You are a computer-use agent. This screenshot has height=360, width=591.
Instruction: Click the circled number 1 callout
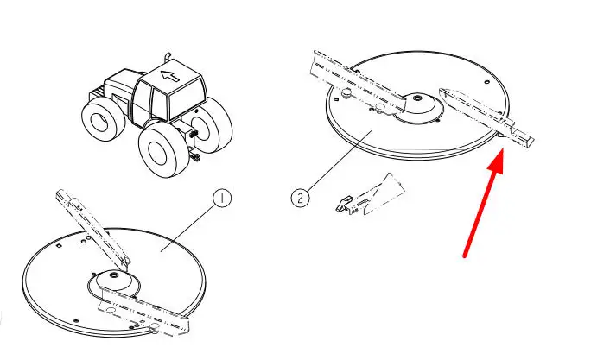[x=222, y=198]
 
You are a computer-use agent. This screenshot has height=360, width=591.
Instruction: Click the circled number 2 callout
[x=300, y=198]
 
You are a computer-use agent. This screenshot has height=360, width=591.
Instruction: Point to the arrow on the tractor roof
[x=169, y=76]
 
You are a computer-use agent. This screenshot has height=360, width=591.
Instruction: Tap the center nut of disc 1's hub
[x=112, y=276]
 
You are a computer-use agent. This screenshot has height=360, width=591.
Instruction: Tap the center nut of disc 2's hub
[x=416, y=98]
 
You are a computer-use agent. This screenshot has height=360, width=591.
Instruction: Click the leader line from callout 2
[x=339, y=161]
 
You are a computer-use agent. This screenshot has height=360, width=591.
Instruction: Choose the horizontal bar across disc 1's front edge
[x=144, y=312]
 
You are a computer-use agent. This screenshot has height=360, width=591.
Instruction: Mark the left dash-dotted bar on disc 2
[x=358, y=83]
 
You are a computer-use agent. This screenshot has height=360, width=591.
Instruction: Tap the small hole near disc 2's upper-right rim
[x=486, y=82]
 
